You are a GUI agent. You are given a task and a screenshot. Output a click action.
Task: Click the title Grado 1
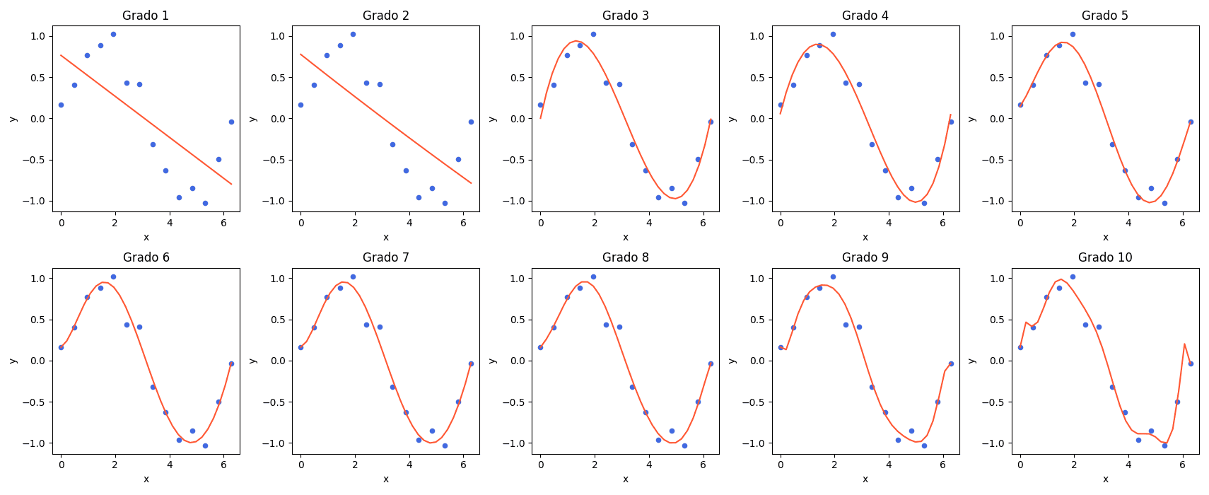tap(146, 16)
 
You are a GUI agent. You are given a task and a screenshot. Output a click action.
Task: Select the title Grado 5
tap(1105, 16)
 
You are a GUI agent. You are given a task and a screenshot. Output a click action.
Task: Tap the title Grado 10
tap(1105, 257)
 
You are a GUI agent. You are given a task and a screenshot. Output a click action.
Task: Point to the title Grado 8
tap(626, 257)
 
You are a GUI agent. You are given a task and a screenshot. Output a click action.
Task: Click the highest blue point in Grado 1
tap(113, 34)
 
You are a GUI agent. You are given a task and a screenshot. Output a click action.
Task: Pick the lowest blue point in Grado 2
tap(445, 203)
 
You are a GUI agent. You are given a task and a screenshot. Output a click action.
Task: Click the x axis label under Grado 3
tap(626, 237)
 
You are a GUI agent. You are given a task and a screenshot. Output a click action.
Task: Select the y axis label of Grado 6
tap(13, 361)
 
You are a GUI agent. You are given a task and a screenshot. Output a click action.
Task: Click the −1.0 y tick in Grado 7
tap(276, 443)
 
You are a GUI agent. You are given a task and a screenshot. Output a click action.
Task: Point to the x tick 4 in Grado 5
tap(1128, 223)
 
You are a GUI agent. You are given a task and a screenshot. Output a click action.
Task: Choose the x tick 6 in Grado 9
tap(943, 465)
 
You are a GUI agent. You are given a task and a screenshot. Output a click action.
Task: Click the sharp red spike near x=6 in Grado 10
tap(1184, 344)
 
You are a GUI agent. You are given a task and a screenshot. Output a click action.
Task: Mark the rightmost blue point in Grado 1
tap(231, 122)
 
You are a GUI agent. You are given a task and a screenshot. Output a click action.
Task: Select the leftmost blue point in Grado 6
tap(61, 347)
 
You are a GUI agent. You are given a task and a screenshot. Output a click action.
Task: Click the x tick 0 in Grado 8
tap(541, 465)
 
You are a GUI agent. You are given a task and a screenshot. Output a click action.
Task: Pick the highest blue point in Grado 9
tap(833, 276)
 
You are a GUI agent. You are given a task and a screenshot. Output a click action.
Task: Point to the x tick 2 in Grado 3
tap(595, 223)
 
